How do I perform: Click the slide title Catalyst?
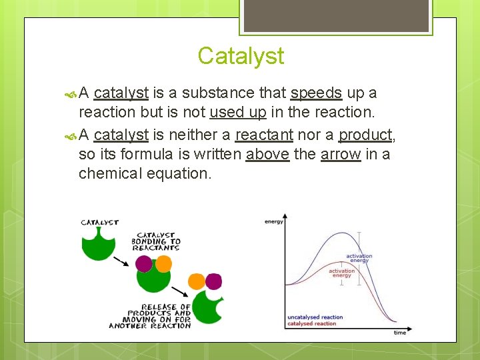tap(241, 56)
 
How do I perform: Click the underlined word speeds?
tap(317, 93)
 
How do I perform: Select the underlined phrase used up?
tap(238, 112)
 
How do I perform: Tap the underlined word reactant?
tap(264, 135)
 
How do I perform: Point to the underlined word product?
tap(365, 135)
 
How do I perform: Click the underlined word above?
tap(267, 155)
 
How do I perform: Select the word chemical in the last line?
tap(110, 173)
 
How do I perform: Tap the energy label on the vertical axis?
tap(274, 221)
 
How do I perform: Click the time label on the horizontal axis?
tap(399, 332)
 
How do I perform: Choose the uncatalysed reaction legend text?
tap(315, 317)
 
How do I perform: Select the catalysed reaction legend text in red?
tap(311, 323)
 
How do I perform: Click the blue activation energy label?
tap(359, 258)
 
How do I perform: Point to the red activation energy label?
tap(341, 273)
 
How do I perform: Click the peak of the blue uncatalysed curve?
tap(341, 232)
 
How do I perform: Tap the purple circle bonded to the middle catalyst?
tap(144, 264)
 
